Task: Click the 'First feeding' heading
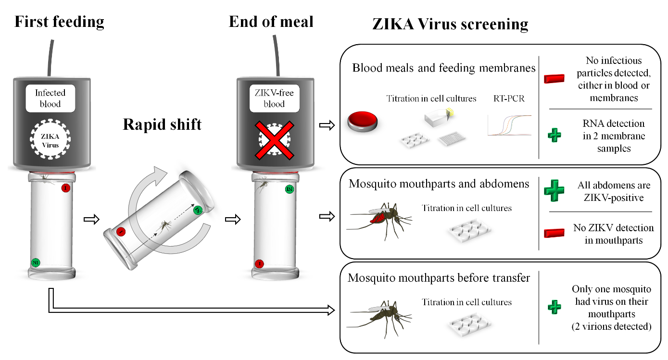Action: tap(59, 22)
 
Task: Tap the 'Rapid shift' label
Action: tap(162, 124)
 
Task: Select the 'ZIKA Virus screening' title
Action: tap(450, 24)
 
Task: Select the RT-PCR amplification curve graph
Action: tap(509, 125)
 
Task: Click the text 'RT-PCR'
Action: tap(508, 99)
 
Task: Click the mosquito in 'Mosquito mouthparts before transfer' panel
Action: tap(380, 312)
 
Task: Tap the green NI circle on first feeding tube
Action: tap(35, 262)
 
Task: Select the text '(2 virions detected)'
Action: tap(611, 326)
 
